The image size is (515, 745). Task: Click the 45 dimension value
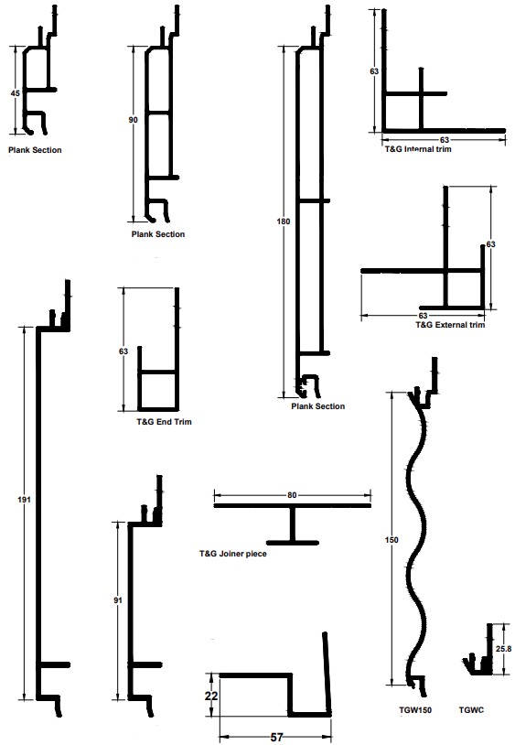click(16, 93)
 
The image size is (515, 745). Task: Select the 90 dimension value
click(133, 120)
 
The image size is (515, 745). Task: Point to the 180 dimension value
click(284, 221)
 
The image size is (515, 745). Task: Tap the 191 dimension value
click(24, 500)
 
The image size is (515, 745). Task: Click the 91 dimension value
click(118, 600)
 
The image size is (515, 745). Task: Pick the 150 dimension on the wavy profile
click(392, 540)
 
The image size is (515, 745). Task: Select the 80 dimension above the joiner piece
click(292, 495)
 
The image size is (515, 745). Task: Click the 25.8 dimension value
click(503, 649)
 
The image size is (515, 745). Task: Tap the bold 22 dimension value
click(211, 696)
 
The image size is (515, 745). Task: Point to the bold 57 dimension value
click(277, 737)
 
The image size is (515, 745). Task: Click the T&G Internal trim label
click(418, 148)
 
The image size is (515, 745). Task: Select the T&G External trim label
click(450, 325)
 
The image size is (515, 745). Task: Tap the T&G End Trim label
click(165, 421)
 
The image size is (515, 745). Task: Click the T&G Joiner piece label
click(233, 554)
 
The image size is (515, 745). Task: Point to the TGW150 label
click(415, 710)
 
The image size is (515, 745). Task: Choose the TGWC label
click(471, 710)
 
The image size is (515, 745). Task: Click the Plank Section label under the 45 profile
click(35, 150)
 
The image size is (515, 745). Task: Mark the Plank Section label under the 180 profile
click(318, 406)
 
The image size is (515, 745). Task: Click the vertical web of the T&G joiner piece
click(293, 524)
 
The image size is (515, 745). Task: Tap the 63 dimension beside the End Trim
click(123, 351)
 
